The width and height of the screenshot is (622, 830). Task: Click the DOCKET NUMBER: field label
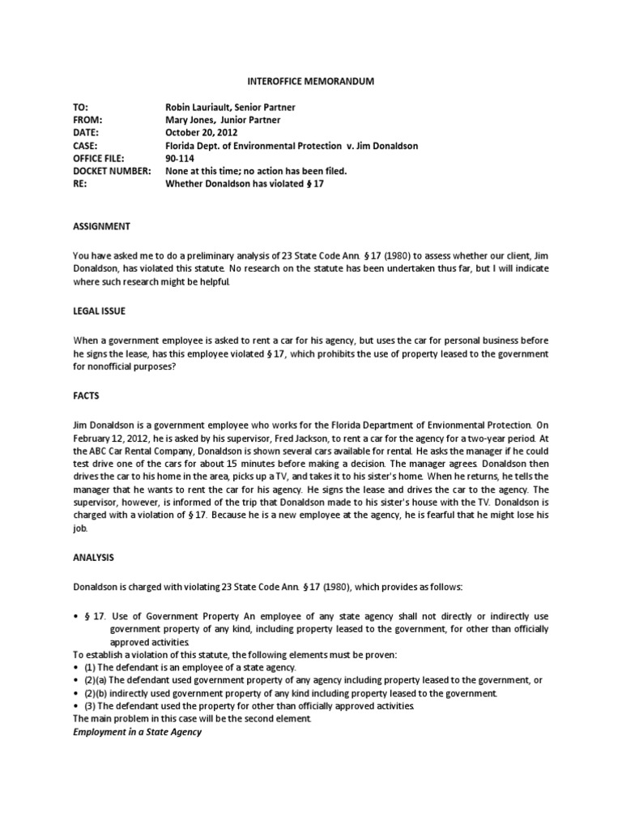pos(113,172)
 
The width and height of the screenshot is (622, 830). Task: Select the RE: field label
pos(80,185)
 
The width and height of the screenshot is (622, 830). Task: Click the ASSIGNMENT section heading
pos(101,226)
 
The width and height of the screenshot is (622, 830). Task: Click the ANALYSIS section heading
pos(93,558)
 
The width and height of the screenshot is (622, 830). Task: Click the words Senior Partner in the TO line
pos(269,108)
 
